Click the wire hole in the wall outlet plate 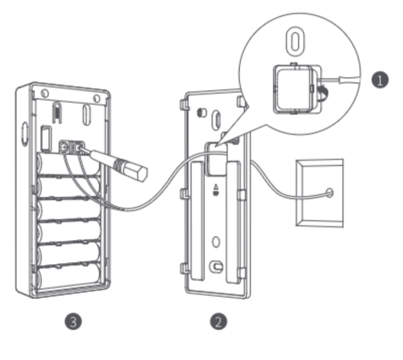pos(328,192)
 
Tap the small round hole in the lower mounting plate pos(216,242)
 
